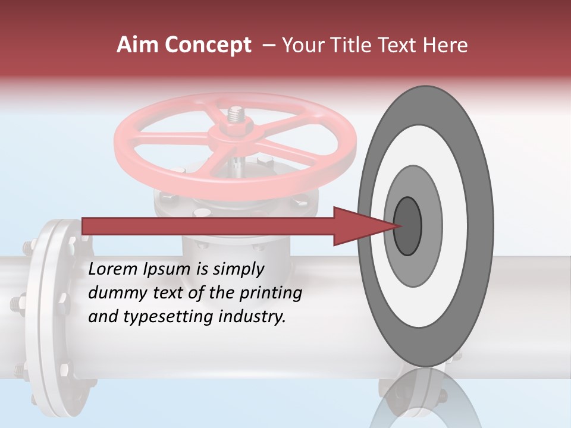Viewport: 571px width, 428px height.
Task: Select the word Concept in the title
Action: [208, 45]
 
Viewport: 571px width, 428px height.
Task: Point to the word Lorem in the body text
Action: [113, 269]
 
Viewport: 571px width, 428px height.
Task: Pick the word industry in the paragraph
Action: [252, 317]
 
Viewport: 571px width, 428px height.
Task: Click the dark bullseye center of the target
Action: [407, 225]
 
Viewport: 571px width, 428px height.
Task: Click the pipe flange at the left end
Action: [54, 315]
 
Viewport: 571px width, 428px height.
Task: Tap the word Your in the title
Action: [302, 45]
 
